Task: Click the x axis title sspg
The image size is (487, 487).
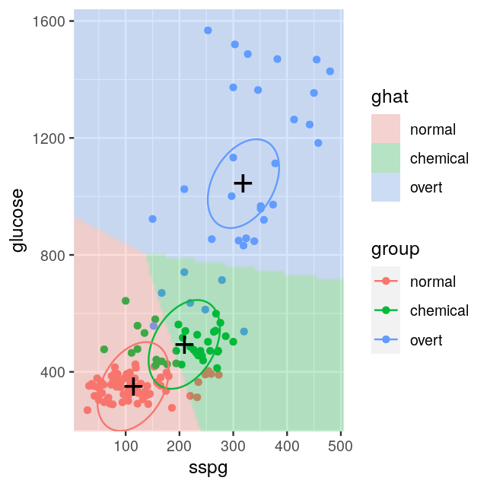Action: [x=208, y=467]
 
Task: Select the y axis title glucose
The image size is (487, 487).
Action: [x=18, y=221]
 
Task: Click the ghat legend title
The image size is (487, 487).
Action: [x=390, y=97]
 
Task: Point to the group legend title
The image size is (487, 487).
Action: [x=396, y=249]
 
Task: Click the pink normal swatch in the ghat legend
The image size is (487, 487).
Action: [x=386, y=129]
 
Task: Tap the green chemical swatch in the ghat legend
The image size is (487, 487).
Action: [x=386, y=158]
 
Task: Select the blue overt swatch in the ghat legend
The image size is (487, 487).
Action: [x=386, y=187]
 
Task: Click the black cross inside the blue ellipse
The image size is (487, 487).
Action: [x=243, y=183]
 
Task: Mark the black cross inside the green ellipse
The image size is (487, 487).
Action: [x=183, y=345]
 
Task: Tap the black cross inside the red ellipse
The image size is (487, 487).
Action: [x=133, y=387]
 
